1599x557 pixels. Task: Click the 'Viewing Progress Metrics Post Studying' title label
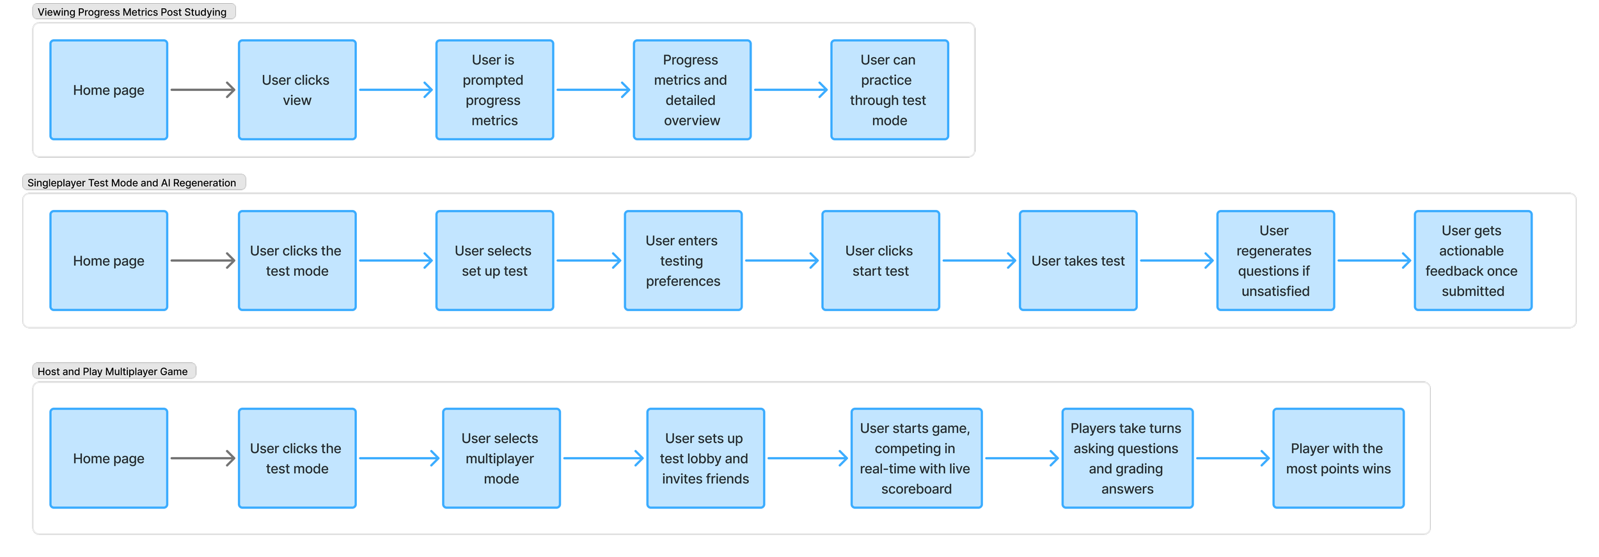132,12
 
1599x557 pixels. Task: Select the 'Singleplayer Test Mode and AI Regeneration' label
132,183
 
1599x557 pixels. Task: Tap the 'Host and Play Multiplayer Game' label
113,371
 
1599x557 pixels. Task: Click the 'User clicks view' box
297,90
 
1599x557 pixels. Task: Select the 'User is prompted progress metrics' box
494,90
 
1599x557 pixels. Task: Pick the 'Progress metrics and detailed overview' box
691,90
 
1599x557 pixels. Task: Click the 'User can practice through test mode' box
889,90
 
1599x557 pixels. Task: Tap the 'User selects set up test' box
494,261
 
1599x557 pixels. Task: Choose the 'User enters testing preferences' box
682,261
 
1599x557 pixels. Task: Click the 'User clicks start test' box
880,261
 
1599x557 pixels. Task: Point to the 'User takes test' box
1078,261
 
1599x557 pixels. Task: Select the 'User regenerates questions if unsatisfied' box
1275,261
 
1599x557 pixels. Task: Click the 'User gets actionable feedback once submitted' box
1472,261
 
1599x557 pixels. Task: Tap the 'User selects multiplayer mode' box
501,458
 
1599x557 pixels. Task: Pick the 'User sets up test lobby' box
705,458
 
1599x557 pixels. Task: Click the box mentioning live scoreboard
916,458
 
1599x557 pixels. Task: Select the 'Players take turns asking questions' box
1127,458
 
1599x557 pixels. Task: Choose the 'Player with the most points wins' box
1338,458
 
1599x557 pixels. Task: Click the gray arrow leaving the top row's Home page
203,90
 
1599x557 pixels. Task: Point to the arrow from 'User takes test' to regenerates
1176,261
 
